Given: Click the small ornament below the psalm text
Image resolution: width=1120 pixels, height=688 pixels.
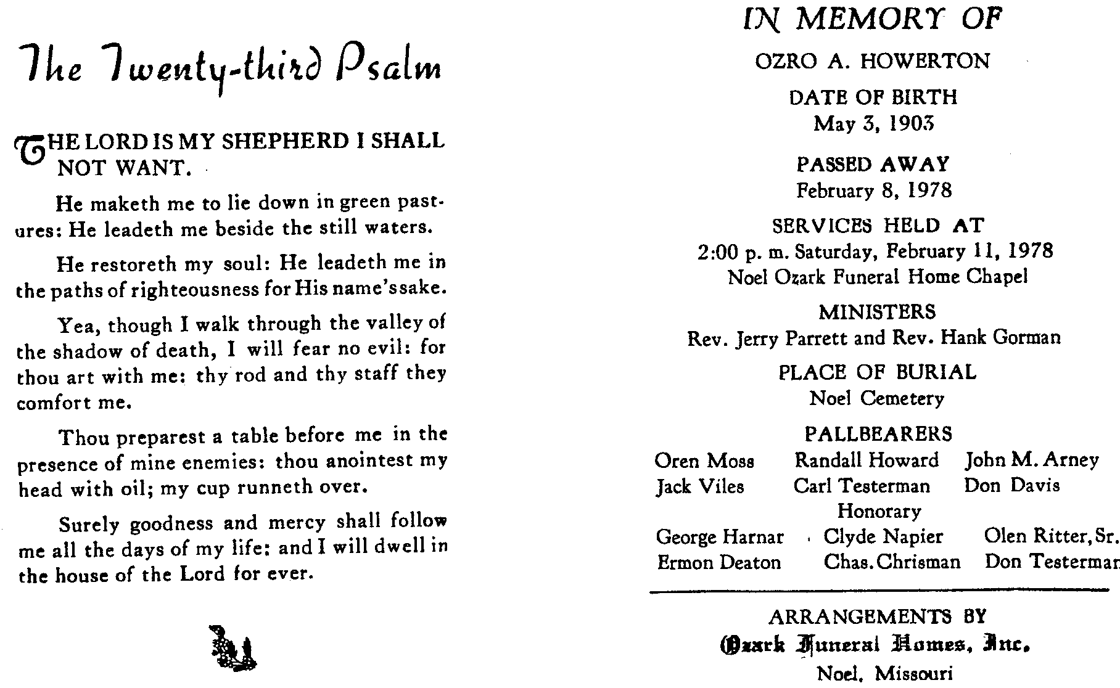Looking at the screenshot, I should click(233, 648).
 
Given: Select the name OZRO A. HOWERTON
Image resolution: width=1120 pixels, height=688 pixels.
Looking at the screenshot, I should click(873, 62).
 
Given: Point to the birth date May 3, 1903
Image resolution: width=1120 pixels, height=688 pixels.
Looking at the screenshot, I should click(874, 124).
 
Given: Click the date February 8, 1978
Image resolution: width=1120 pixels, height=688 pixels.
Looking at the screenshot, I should click(874, 190).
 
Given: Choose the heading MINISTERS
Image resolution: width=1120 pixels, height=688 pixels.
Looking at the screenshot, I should click(877, 312).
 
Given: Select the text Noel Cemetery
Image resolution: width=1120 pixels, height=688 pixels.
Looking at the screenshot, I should click(876, 399).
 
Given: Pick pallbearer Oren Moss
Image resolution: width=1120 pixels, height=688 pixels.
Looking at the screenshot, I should click(704, 461).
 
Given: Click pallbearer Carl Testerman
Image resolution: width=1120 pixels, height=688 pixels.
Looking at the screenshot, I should click(862, 486).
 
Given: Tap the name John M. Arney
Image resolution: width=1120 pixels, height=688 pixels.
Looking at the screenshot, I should click(1032, 461).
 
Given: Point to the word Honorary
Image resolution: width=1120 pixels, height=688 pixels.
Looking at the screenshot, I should click(879, 511).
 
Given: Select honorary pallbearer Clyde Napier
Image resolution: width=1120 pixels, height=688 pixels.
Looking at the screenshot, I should click(883, 537).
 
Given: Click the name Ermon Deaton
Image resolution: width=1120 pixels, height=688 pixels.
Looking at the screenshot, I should click(719, 563).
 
